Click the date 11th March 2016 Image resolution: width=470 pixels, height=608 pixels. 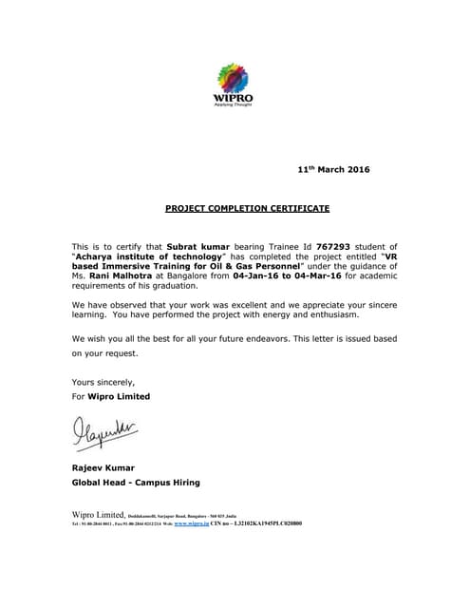click(333, 170)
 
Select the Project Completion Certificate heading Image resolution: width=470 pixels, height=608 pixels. click(235, 207)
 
